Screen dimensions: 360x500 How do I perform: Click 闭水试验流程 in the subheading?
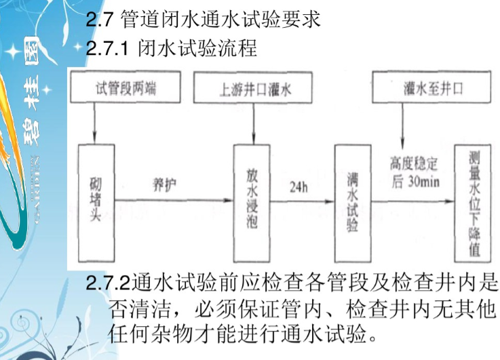197,49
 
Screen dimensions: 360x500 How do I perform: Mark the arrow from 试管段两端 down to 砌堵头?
96,122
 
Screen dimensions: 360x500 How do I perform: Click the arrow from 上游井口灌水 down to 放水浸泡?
252,122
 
